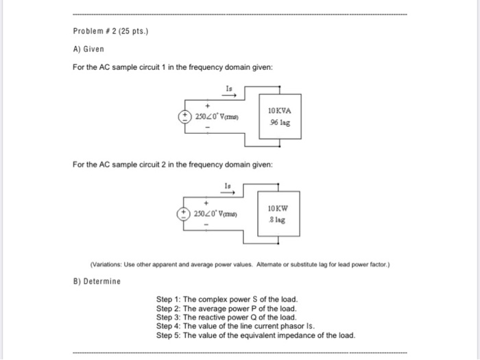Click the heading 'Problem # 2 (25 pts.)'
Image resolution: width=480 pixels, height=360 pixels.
(107, 32)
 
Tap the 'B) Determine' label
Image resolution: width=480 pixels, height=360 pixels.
(96, 281)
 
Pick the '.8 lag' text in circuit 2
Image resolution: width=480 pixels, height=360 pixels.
(278, 220)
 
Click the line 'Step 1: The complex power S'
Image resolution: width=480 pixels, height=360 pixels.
(227, 300)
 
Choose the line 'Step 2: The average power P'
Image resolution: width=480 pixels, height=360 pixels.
(226, 309)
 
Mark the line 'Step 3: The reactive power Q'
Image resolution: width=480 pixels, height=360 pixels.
(226, 317)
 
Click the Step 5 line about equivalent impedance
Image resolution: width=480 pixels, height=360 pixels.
(256, 335)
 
